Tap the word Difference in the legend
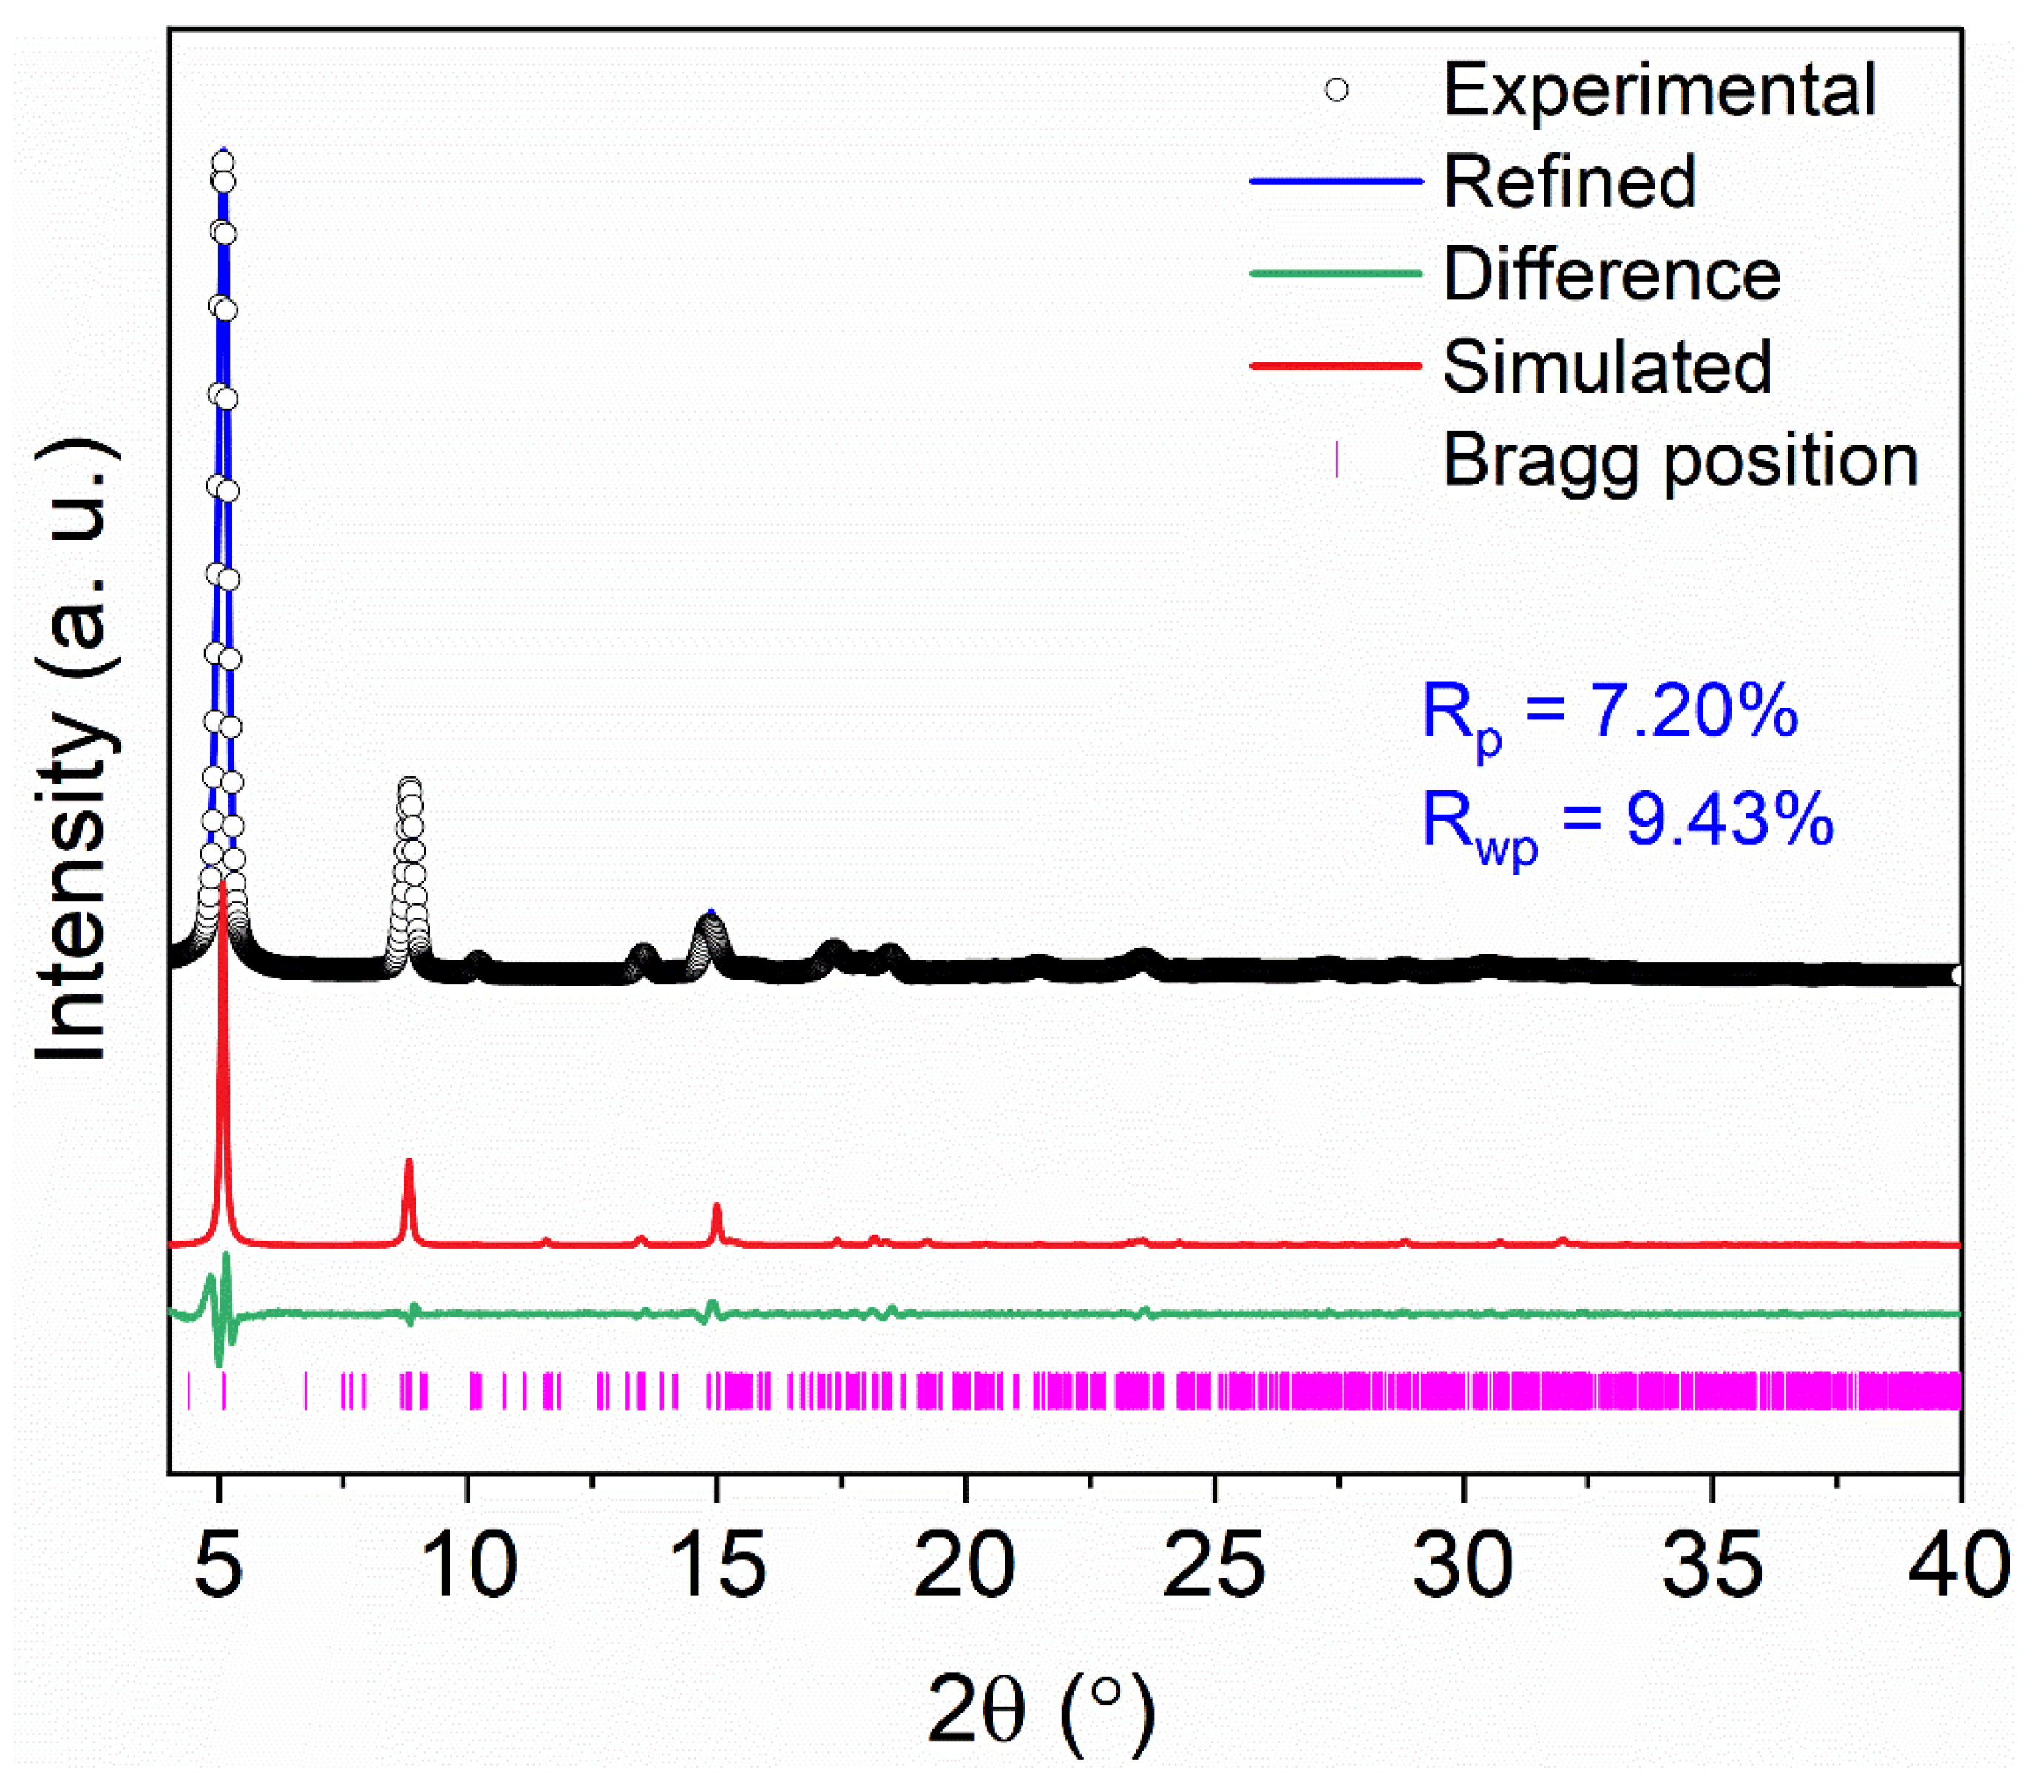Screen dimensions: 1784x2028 coord(1611,275)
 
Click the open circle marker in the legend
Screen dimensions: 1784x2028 coord(1337,90)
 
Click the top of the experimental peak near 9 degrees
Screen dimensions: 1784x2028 coord(410,787)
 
